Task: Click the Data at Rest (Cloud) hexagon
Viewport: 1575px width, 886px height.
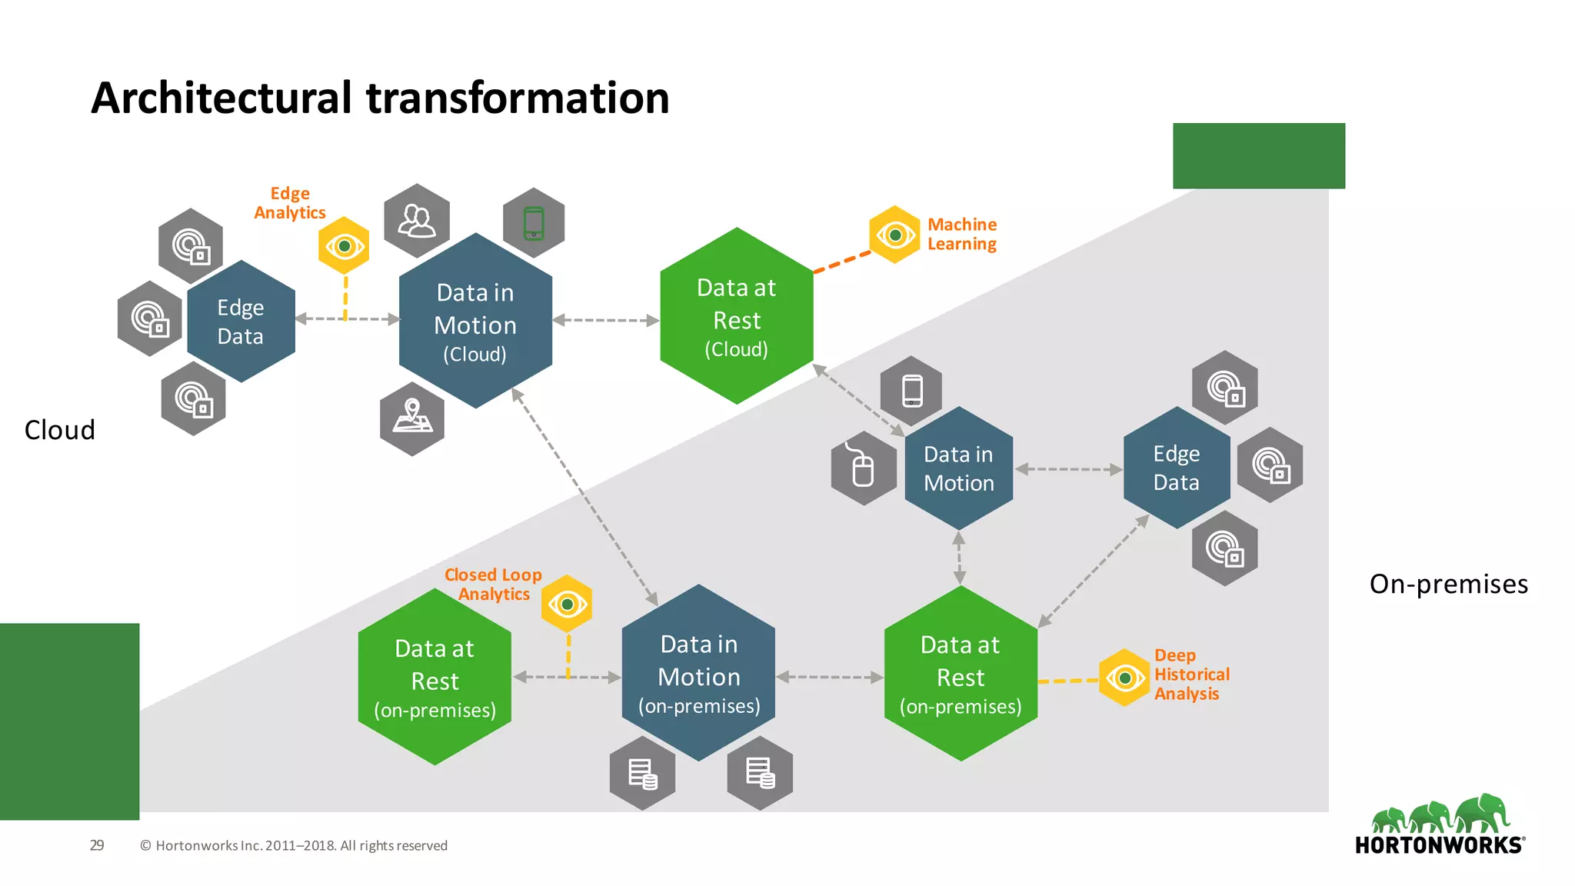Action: click(x=736, y=316)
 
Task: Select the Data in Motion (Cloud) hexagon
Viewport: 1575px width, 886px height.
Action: click(x=475, y=321)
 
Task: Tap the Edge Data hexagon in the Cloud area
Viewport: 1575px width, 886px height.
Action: click(x=241, y=321)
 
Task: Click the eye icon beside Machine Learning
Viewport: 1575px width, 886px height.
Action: click(x=894, y=235)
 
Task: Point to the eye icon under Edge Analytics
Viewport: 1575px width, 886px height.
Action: click(x=344, y=246)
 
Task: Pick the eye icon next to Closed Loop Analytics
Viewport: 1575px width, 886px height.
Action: click(x=567, y=604)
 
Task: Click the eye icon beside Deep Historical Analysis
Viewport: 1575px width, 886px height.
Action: click(x=1124, y=678)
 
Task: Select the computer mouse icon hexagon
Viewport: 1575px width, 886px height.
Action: click(x=864, y=468)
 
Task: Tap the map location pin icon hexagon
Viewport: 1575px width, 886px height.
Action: click(x=412, y=418)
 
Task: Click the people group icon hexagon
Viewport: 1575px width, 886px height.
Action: click(x=416, y=221)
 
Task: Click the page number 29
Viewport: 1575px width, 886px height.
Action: click(x=97, y=845)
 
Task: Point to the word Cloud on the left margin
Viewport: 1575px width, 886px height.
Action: click(x=60, y=430)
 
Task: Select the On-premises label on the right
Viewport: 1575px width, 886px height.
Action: click(x=1448, y=584)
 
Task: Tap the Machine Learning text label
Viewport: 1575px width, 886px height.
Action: click(x=961, y=234)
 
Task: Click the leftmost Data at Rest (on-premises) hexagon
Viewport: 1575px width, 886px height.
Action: click(x=435, y=678)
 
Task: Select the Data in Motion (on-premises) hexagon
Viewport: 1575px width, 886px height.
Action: click(x=698, y=674)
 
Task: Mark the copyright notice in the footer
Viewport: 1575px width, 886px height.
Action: click(x=293, y=845)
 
